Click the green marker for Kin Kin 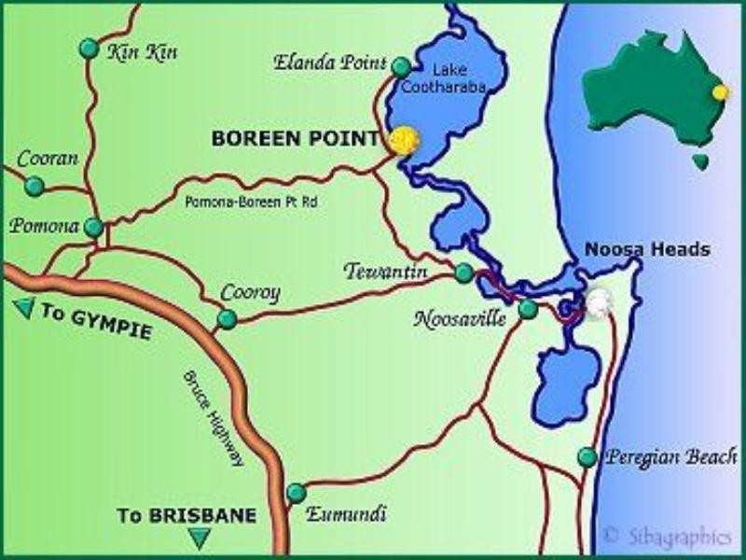pyautogui.click(x=89, y=48)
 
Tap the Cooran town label pyautogui.click(x=47, y=159)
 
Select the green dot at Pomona pyautogui.click(x=93, y=227)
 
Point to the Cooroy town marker pyautogui.click(x=227, y=319)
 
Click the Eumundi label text pyautogui.click(x=347, y=513)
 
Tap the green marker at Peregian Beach pyautogui.click(x=587, y=457)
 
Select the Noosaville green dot pyautogui.click(x=528, y=309)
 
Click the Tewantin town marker pyautogui.click(x=463, y=273)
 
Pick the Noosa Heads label pyautogui.click(x=647, y=249)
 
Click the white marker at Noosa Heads pyautogui.click(x=598, y=301)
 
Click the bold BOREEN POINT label pyautogui.click(x=296, y=138)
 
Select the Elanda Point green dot pyautogui.click(x=401, y=67)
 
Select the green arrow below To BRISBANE pyautogui.click(x=198, y=538)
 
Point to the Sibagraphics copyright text pyautogui.click(x=668, y=535)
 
